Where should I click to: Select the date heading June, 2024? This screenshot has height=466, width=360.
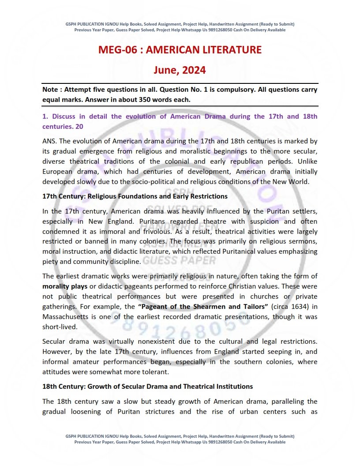coord(180,70)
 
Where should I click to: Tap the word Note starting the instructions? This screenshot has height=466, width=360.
coord(51,90)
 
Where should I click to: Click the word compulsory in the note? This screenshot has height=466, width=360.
coord(218,90)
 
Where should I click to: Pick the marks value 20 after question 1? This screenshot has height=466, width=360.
coord(79,126)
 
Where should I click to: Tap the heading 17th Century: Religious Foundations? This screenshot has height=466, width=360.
coord(135,196)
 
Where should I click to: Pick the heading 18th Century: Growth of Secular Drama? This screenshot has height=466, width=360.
coord(147,386)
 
